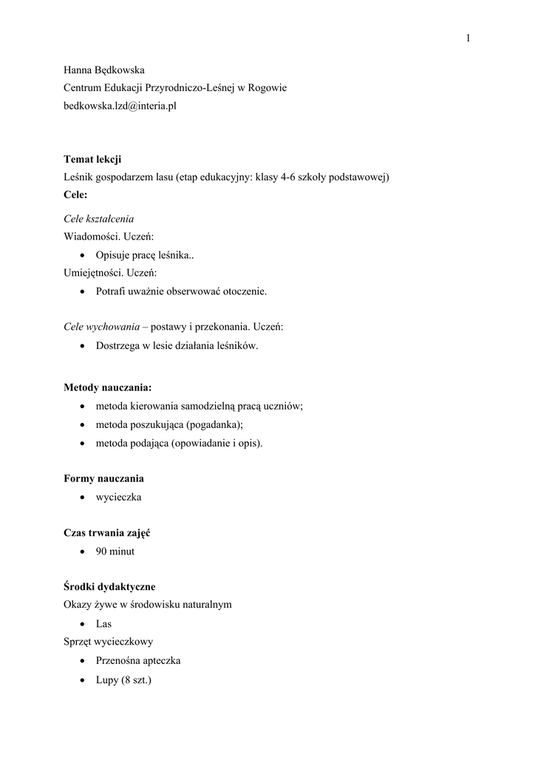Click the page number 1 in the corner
pyautogui.click(x=468, y=38)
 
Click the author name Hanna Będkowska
pyautogui.click(x=103, y=70)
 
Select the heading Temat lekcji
pyautogui.click(x=93, y=159)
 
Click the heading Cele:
pyautogui.click(x=76, y=195)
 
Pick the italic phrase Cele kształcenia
pyautogui.click(x=99, y=219)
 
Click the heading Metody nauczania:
pyautogui.click(x=108, y=387)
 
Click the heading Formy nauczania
pyautogui.click(x=103, y=478)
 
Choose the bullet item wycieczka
pyautogui.click(x=118, y=497)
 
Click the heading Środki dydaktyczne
pyautogui.click(x=109, y=586)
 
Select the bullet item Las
pyautogui.click(x=104, y=624)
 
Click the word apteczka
pyautogui.click(x=160, y=660)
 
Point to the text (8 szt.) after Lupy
pyautogui.click(x=134, y=679)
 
